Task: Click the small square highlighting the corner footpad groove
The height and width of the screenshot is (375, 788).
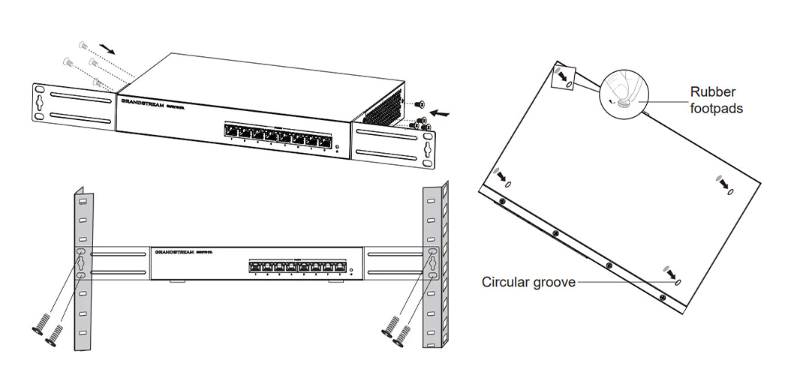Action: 564,76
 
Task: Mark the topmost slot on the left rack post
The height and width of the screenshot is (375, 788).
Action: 83,201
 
